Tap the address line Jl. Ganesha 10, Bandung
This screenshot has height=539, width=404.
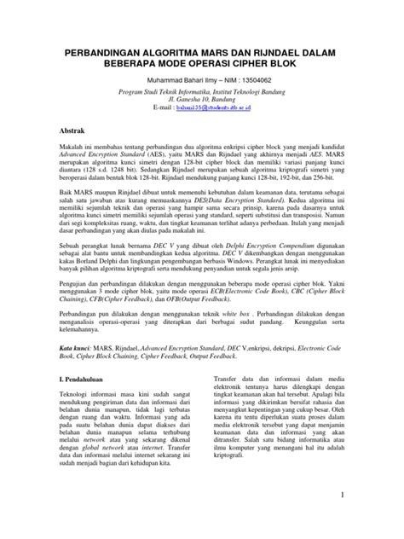(203, 101)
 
